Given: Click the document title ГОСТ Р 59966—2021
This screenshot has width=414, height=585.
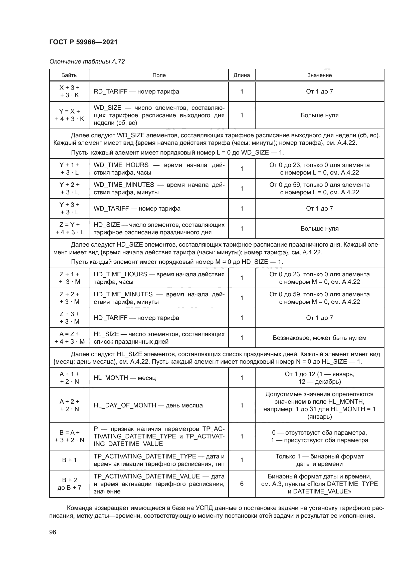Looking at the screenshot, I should [83, 42].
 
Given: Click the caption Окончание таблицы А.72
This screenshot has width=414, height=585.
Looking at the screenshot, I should [87, 62].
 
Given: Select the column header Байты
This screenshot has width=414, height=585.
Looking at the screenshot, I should [69, 75].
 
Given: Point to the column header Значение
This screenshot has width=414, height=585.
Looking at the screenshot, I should [319, 75].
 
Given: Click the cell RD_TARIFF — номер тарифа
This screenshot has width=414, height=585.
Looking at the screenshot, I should [136, 92].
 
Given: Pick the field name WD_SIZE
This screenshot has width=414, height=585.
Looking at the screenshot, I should [107, 108].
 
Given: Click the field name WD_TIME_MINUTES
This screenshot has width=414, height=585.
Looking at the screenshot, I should [124, 185].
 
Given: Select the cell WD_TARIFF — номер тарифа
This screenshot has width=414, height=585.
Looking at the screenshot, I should [137, 208].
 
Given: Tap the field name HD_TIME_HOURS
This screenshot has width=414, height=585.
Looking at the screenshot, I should [120, 274].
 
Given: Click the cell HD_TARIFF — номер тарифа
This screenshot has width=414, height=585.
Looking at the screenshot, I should [136, 318].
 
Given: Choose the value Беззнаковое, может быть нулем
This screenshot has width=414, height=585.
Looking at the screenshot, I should [319, 338].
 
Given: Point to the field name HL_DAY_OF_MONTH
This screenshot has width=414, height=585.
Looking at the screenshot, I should [125, 405].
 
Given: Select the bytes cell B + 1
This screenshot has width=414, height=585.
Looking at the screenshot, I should [69, 460].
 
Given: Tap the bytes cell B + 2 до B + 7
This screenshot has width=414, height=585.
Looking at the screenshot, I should [69, 484].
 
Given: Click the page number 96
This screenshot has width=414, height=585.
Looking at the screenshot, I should [53, 532].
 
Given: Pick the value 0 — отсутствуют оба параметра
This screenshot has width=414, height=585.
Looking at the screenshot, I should [319, 433].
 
